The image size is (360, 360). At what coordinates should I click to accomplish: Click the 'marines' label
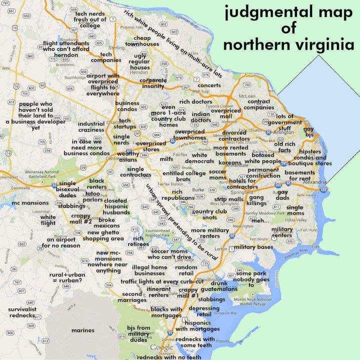coord(82,330)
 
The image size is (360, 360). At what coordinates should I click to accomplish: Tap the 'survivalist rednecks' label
coord(21,312)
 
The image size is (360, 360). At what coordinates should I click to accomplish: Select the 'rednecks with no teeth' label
coord(169,357)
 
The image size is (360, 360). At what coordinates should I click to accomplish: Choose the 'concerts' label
coord(209,85)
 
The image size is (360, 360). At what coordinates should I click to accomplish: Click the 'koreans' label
coord(230,162)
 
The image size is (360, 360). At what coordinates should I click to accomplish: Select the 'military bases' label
coord(253,247)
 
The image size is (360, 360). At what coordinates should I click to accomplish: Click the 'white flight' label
coord(48,220)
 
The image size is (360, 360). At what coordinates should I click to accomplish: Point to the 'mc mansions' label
coord(30,203)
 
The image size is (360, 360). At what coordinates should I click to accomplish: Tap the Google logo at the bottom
coord(161,348)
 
